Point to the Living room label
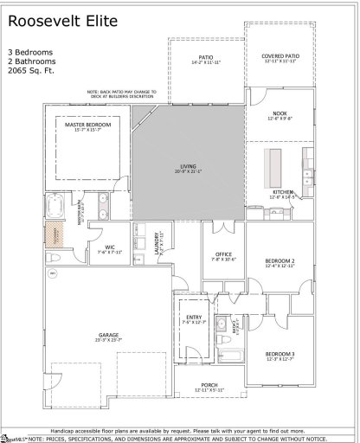[189, 169]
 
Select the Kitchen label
[284, 193]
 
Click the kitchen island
[278, 164]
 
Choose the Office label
[223, 257]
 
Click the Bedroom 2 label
[281, 262]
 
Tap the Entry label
[192, 319]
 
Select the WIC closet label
[111, 250]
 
